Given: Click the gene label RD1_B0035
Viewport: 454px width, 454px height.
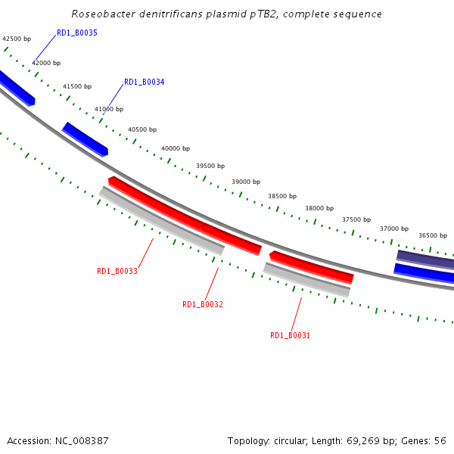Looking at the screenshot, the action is click(x=77, y=33).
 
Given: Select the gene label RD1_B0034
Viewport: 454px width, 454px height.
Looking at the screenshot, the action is click(x=144, y=82).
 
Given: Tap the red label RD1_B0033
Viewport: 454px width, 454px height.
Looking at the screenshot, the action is click(x=117, y=271).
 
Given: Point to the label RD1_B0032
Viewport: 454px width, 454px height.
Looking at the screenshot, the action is click(x=203, y=304).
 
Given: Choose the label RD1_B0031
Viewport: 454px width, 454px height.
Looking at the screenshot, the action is click(x=290, y=335).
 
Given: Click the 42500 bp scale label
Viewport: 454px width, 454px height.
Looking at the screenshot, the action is click(x=17, y=39).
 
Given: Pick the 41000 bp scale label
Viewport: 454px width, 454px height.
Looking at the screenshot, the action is click(x=109, y=110).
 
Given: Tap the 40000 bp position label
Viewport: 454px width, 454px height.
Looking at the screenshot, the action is click(x=176, y=149).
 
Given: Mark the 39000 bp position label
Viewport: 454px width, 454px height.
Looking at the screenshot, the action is click(x=246, y=182).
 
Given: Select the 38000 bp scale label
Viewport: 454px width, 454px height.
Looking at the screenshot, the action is click(x=319, y=208).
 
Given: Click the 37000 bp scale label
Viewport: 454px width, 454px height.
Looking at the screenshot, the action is click(x=394, y=229).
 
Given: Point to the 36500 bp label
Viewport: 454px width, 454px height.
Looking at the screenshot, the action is click(x=433, y=235).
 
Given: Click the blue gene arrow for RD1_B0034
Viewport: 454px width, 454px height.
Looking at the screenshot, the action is click(x=85, y=139).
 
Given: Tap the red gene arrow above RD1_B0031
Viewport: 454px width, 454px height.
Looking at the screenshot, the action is click(x=311, y=266).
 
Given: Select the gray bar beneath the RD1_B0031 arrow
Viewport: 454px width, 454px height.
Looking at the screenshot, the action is click(x=306, y=280).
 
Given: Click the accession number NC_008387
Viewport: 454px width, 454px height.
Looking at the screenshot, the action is click(x=82, y=440).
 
